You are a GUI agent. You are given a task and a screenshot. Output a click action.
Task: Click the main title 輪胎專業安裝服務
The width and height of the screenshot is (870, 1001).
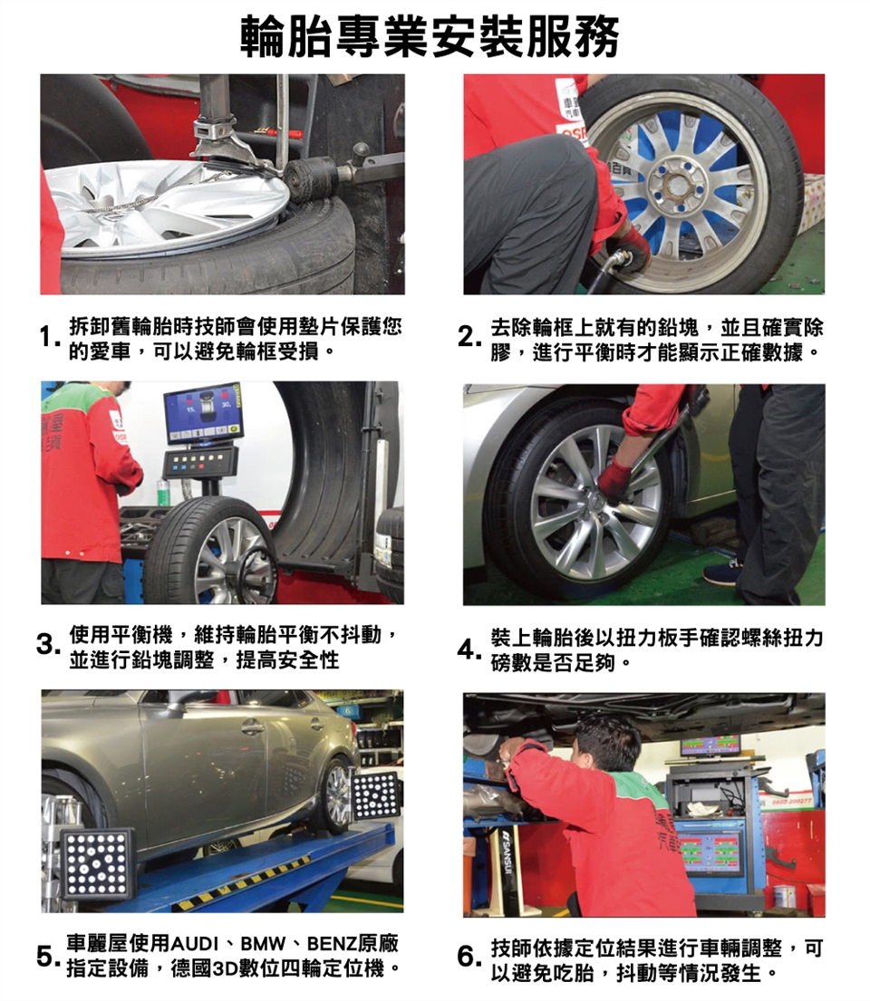[x=430, y=36]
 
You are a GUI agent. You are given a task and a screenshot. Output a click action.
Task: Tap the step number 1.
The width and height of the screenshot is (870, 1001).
[x=47, y=337]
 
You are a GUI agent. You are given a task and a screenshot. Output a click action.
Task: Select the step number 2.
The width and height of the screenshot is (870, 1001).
[x=469, y=337]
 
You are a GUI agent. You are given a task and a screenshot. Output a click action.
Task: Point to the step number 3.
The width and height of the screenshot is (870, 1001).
[x=48, y=644]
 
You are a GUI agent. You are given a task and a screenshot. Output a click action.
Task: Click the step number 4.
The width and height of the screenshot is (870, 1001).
[x=469, y=650]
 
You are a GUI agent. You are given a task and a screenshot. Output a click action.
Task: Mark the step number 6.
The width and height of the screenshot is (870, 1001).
[x=469, y=957]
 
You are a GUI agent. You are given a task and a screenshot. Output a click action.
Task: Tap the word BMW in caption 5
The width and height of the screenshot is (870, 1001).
[x=262, y=944]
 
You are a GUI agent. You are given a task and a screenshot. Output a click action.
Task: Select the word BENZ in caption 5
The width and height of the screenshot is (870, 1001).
[x=332, y=944]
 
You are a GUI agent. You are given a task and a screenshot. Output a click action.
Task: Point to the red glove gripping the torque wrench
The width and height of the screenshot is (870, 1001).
[x=614, y=480]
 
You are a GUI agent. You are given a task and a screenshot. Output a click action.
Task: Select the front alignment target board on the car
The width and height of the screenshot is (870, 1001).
[x=98, y=863]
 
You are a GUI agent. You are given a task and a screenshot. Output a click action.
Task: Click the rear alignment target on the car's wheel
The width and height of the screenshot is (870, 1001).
[x=375, y=795]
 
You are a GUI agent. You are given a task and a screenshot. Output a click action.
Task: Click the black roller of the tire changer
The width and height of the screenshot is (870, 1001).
[x=311, y=178]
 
